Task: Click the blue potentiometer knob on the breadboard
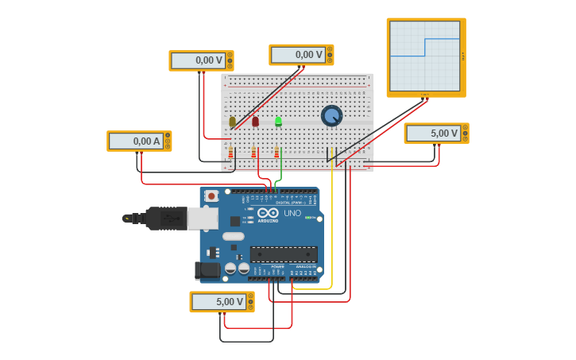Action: (331, 116)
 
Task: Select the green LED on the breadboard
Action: (278, 122)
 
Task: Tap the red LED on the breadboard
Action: (255, 122)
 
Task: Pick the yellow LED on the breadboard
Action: (232, 122)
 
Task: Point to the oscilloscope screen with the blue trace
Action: (425, 56)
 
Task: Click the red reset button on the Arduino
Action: (211, 195)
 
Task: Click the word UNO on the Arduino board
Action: (292, 213)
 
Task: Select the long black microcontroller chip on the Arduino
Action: (284, 254)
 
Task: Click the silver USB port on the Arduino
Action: (202, 218)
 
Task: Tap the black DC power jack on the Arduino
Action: (207, 271)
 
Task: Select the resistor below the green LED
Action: (276, 153)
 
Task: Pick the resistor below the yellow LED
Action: (230, 153)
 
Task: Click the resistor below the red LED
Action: (253, 153)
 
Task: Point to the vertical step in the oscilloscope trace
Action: (425, 47)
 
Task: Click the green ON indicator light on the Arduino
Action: (307, 217)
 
